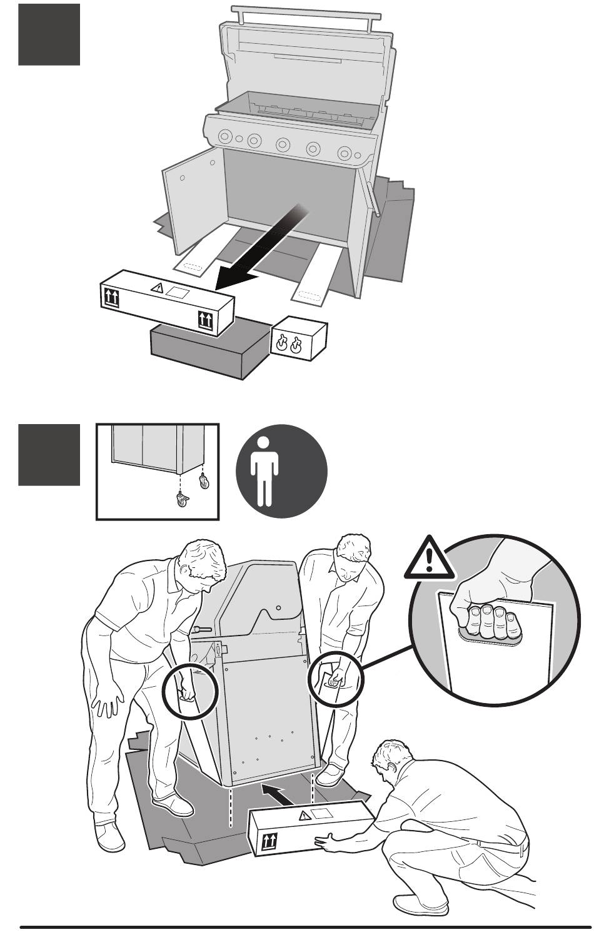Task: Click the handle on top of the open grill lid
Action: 305,12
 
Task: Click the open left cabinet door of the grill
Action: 193,194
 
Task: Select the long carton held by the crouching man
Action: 311,829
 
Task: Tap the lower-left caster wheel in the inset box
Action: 183,500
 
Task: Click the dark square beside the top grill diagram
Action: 49,34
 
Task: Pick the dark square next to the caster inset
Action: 49,455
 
